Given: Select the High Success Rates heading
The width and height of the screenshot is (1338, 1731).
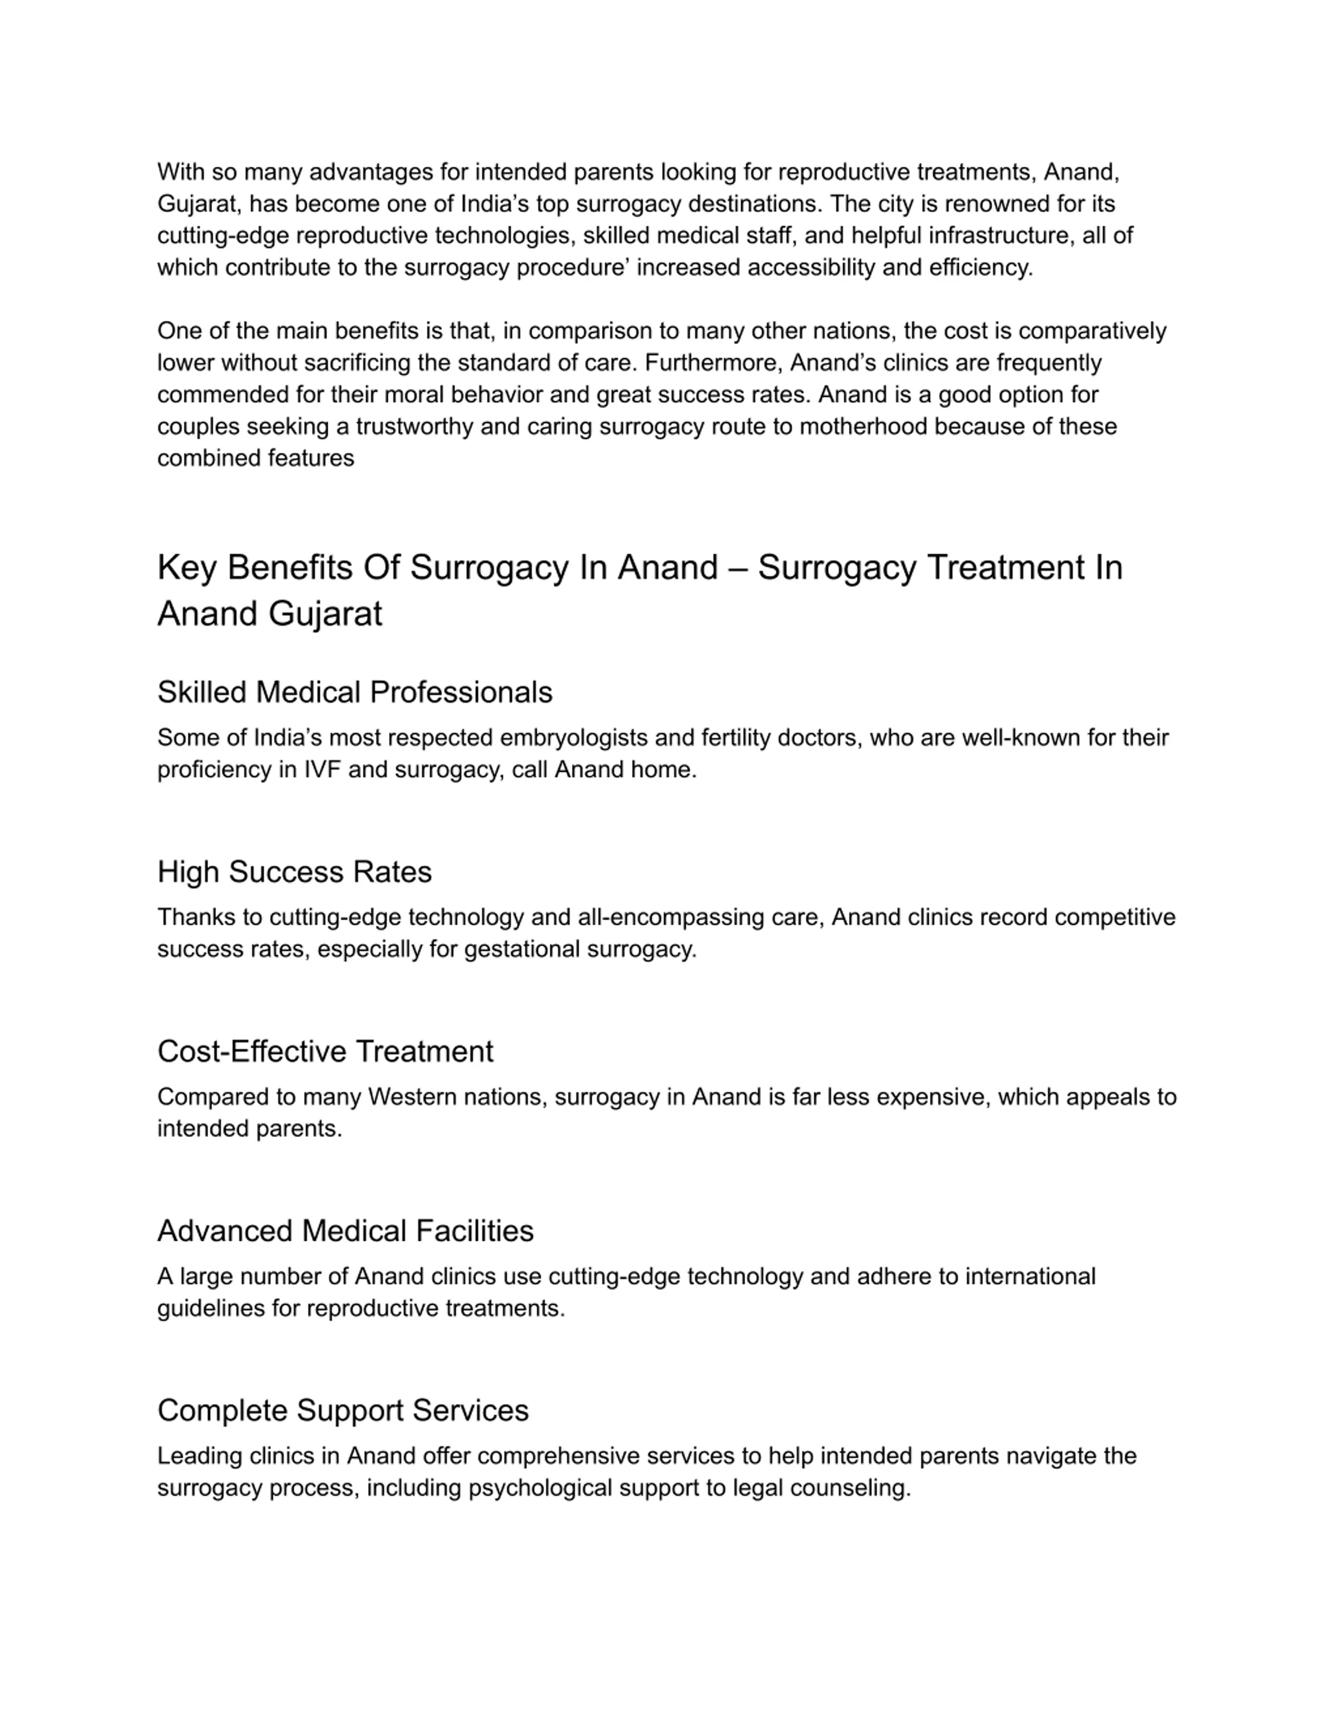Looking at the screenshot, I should (x=294, y=872).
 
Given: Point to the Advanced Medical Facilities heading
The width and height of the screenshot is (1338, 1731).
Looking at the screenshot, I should (x=345, y=1231).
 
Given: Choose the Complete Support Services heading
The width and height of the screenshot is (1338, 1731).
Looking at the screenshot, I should (x=342, y=1410).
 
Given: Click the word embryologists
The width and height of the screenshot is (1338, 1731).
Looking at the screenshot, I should (x=558, y=738).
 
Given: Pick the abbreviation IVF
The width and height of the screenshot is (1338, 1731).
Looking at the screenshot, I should (x=322, y=770).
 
